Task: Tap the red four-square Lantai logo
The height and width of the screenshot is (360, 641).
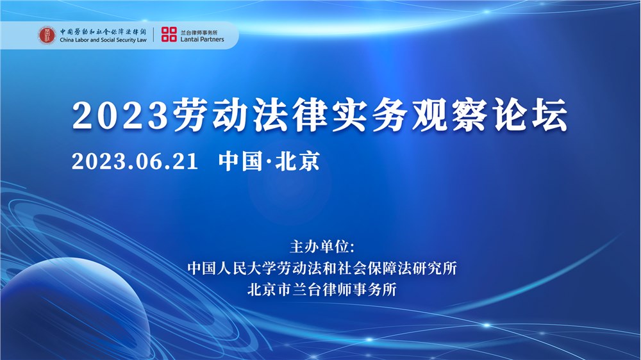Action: (169, 35)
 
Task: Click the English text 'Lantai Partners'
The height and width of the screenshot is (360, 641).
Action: (202, 40)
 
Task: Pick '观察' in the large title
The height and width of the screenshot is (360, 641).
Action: (446, 116)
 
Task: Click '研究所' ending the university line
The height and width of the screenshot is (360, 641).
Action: (435, 268)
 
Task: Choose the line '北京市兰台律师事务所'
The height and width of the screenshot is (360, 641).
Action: (322, 289)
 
